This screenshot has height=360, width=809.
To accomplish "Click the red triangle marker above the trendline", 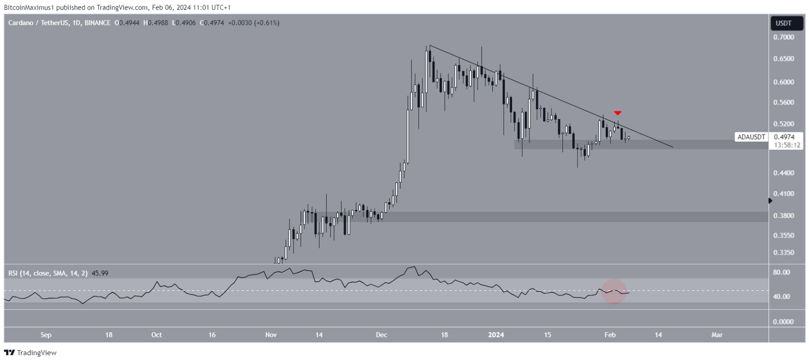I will [617, 113].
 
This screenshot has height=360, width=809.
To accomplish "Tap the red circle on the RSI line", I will [614, 292].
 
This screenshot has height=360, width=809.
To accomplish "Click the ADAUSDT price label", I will [751, 137].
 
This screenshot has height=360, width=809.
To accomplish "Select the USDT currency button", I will [784, 23].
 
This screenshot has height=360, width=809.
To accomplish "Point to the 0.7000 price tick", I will [784, 37].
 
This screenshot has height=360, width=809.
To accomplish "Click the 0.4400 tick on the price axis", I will [784, 173].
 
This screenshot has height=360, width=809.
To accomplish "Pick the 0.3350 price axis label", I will [784, 253].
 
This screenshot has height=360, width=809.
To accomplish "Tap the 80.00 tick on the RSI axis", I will [782, 272].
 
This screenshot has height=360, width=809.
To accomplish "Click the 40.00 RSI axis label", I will [782, 296].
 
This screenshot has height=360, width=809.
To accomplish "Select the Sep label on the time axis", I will [46, 335].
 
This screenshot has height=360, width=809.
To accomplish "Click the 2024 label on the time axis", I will [496, 335].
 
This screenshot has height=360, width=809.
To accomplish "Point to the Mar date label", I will [717, 335].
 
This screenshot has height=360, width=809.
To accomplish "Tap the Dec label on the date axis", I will [381, 335].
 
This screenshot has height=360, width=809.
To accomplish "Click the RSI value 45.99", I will [100, 273].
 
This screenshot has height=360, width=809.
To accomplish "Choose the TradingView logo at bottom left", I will [30, 352].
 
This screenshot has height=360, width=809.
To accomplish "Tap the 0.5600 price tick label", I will [784, 103].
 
